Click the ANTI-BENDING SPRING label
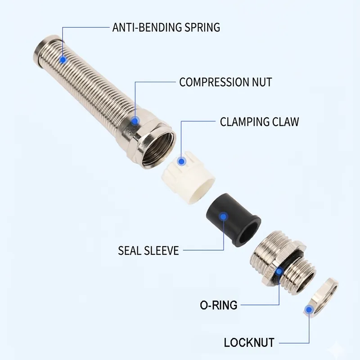[166, 27]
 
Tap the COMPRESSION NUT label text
[225, 82]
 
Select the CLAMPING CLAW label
[260, 121]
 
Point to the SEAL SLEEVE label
[148, 251]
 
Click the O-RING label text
[218, 305]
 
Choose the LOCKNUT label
[249, 343]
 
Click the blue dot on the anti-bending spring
[63, 60]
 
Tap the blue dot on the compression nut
[135, 121]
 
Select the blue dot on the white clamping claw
[182, 162]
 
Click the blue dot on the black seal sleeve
[223, 217]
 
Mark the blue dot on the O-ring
[279, 272]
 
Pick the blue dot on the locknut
[309, 310]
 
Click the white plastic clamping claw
[188, 178]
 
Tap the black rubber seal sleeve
[233, 220]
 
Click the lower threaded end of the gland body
[301, 278]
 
